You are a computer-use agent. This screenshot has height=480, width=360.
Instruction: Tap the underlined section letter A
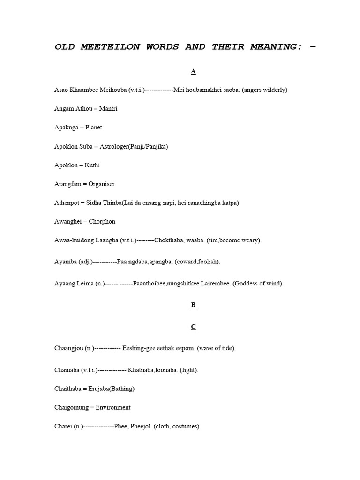click(193, 71)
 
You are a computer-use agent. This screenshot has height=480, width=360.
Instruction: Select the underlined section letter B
click(193, 305)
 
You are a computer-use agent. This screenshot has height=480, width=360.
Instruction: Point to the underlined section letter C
click(193, 327)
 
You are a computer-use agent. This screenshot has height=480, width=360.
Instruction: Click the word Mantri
click(108, 109)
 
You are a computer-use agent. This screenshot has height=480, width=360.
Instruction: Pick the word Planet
click(94, 127)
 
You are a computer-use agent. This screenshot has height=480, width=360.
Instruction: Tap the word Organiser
click(102, 184)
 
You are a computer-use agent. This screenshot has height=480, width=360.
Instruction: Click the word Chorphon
click(102, 222)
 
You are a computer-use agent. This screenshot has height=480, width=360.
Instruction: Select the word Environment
click(113, 408)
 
